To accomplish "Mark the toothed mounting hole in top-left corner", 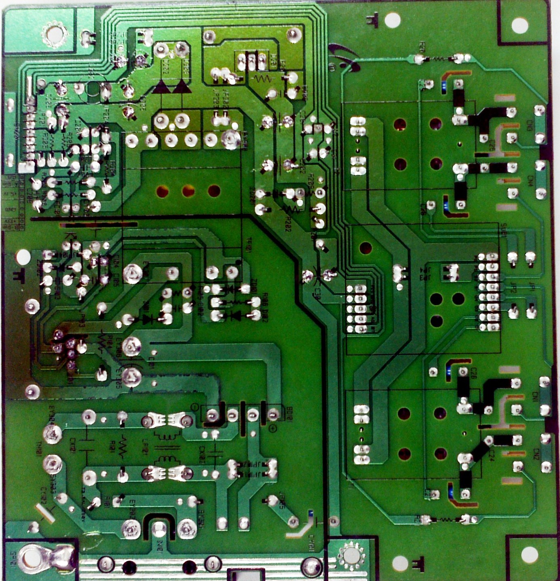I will [53, 35].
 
